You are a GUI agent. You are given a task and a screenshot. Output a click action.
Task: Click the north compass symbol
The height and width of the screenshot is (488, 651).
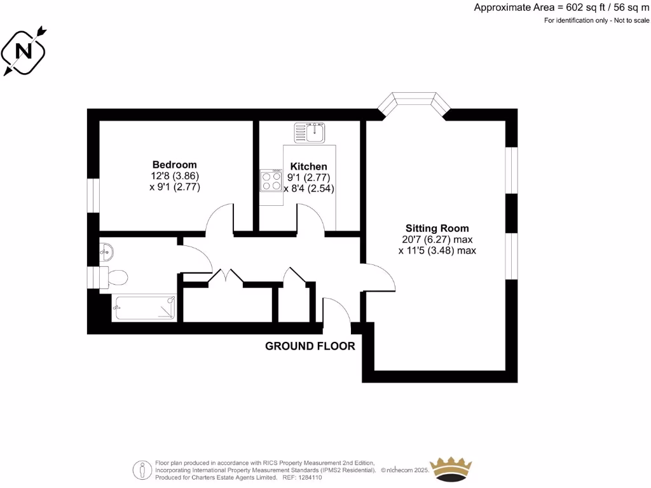[x=24, y=50]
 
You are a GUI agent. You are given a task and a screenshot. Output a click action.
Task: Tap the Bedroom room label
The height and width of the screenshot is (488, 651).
[x=174, y=165]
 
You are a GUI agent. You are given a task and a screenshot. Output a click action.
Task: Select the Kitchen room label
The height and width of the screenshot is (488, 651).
[x=308, y=166]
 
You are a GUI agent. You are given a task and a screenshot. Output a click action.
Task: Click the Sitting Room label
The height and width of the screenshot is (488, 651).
[x=437, y=229]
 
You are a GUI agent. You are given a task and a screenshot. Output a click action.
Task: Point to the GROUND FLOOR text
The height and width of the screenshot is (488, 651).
[x=310, y=346]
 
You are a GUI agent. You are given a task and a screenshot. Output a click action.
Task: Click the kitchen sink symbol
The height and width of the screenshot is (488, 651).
[x=310, y=133]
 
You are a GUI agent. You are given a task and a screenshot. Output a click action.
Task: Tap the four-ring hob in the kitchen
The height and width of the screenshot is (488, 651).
[x=271, y=180]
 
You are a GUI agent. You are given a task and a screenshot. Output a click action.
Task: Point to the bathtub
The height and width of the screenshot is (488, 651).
[x=144, y=308]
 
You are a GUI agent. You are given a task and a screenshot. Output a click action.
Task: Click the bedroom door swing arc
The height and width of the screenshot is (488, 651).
[x=220, y=218]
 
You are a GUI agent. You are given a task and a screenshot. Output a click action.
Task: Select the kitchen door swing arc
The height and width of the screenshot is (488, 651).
[x=312, y=219]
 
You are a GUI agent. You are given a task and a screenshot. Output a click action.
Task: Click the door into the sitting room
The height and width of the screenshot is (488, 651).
[x=380, y=274]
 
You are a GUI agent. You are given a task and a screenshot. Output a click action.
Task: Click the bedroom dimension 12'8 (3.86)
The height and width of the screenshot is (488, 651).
[x=174, y=176]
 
